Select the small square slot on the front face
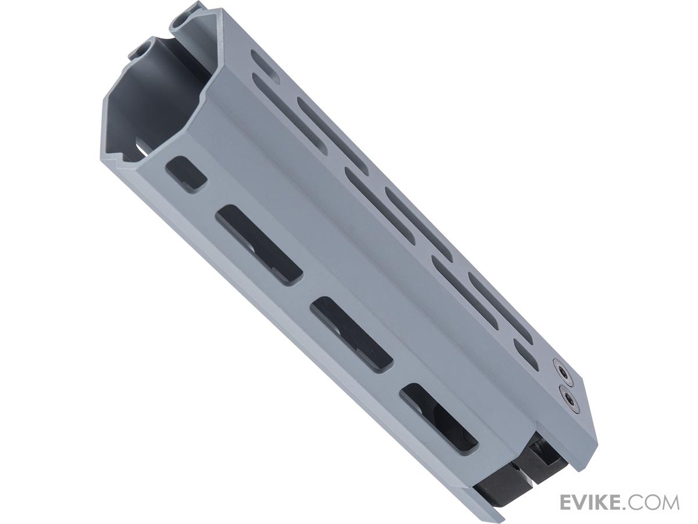186,174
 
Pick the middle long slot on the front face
351,335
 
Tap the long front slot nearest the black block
439,421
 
